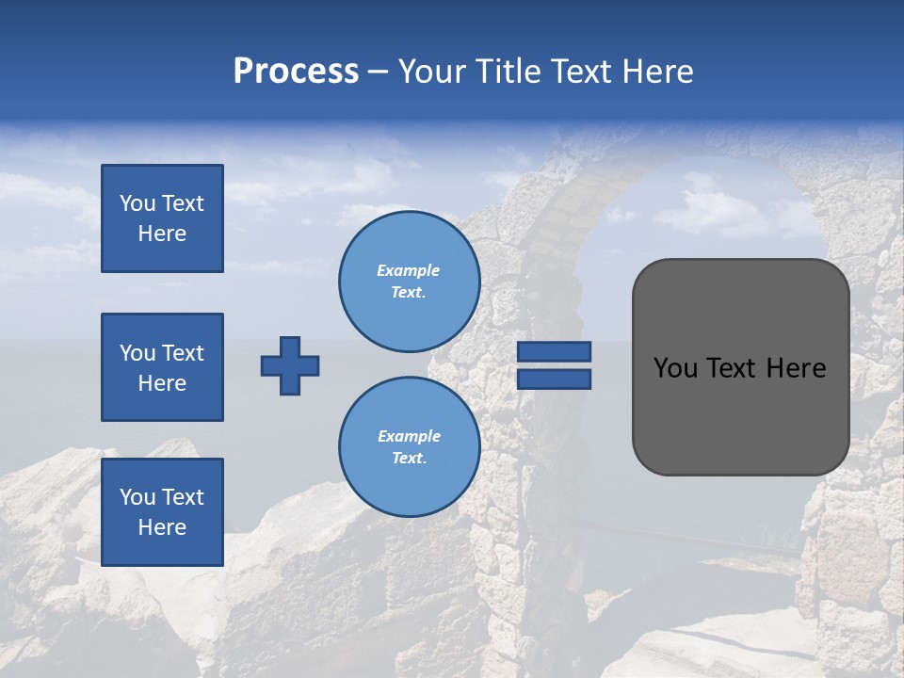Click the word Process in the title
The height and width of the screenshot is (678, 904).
pos(296,72)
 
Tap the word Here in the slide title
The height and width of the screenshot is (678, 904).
pos(659,72)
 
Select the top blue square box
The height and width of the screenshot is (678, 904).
pos(162,218)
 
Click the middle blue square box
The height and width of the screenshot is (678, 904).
pos(162,367)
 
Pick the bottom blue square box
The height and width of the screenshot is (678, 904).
pos(162,511)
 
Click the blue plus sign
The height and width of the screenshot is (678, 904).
pos(290,365)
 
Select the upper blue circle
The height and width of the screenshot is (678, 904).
pos(409,282)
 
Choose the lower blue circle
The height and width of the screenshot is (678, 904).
pos(409,447)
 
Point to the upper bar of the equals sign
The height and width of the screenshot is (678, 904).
pos(554,352)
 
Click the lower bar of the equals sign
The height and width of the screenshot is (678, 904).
pos(554,379)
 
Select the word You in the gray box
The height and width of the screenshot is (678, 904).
pos(676,368)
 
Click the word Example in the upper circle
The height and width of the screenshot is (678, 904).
pos(409,270)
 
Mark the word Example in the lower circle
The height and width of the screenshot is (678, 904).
pos(409,436)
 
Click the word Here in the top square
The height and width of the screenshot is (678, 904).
pos(162,234)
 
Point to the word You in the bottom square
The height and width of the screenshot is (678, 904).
pos(137,497)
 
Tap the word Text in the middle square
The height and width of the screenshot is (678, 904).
pos(183,353)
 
